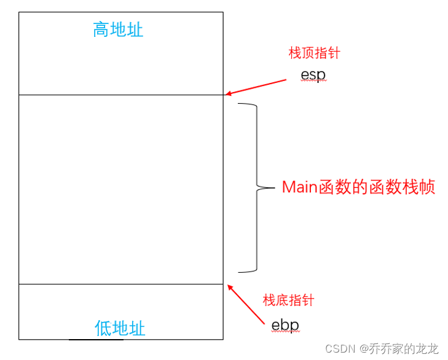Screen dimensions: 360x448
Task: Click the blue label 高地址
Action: coord(118,29)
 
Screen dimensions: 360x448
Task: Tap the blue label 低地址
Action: coord(120,328)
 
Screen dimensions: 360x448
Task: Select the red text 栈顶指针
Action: coord(314,53)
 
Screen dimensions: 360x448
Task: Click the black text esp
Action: coord(313,75)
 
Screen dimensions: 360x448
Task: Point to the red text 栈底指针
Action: coord(288,300)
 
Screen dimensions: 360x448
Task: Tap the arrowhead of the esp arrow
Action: coord(227,93)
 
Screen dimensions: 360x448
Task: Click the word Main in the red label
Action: coord(299,187)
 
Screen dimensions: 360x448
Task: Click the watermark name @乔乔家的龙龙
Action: coord(399,349)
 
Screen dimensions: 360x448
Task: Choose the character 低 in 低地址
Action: coord(103,328)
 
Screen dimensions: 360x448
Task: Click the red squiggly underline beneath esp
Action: coord(313,82)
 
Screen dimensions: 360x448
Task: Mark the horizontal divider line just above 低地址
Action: coord(120,284)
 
